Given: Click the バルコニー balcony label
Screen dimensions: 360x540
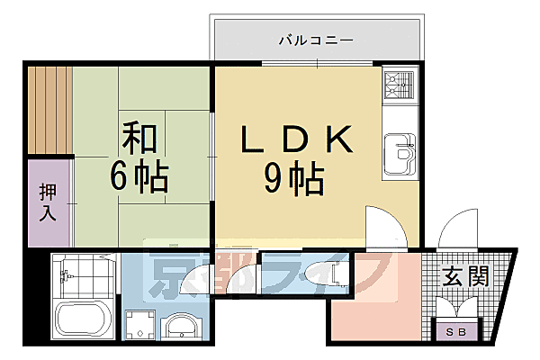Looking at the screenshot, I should pos(314,40).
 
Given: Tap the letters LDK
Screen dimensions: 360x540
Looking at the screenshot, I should pos(293,139).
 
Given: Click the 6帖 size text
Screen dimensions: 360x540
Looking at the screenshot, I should pos(139,177).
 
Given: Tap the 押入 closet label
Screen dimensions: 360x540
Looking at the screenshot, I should pos(49,203).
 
